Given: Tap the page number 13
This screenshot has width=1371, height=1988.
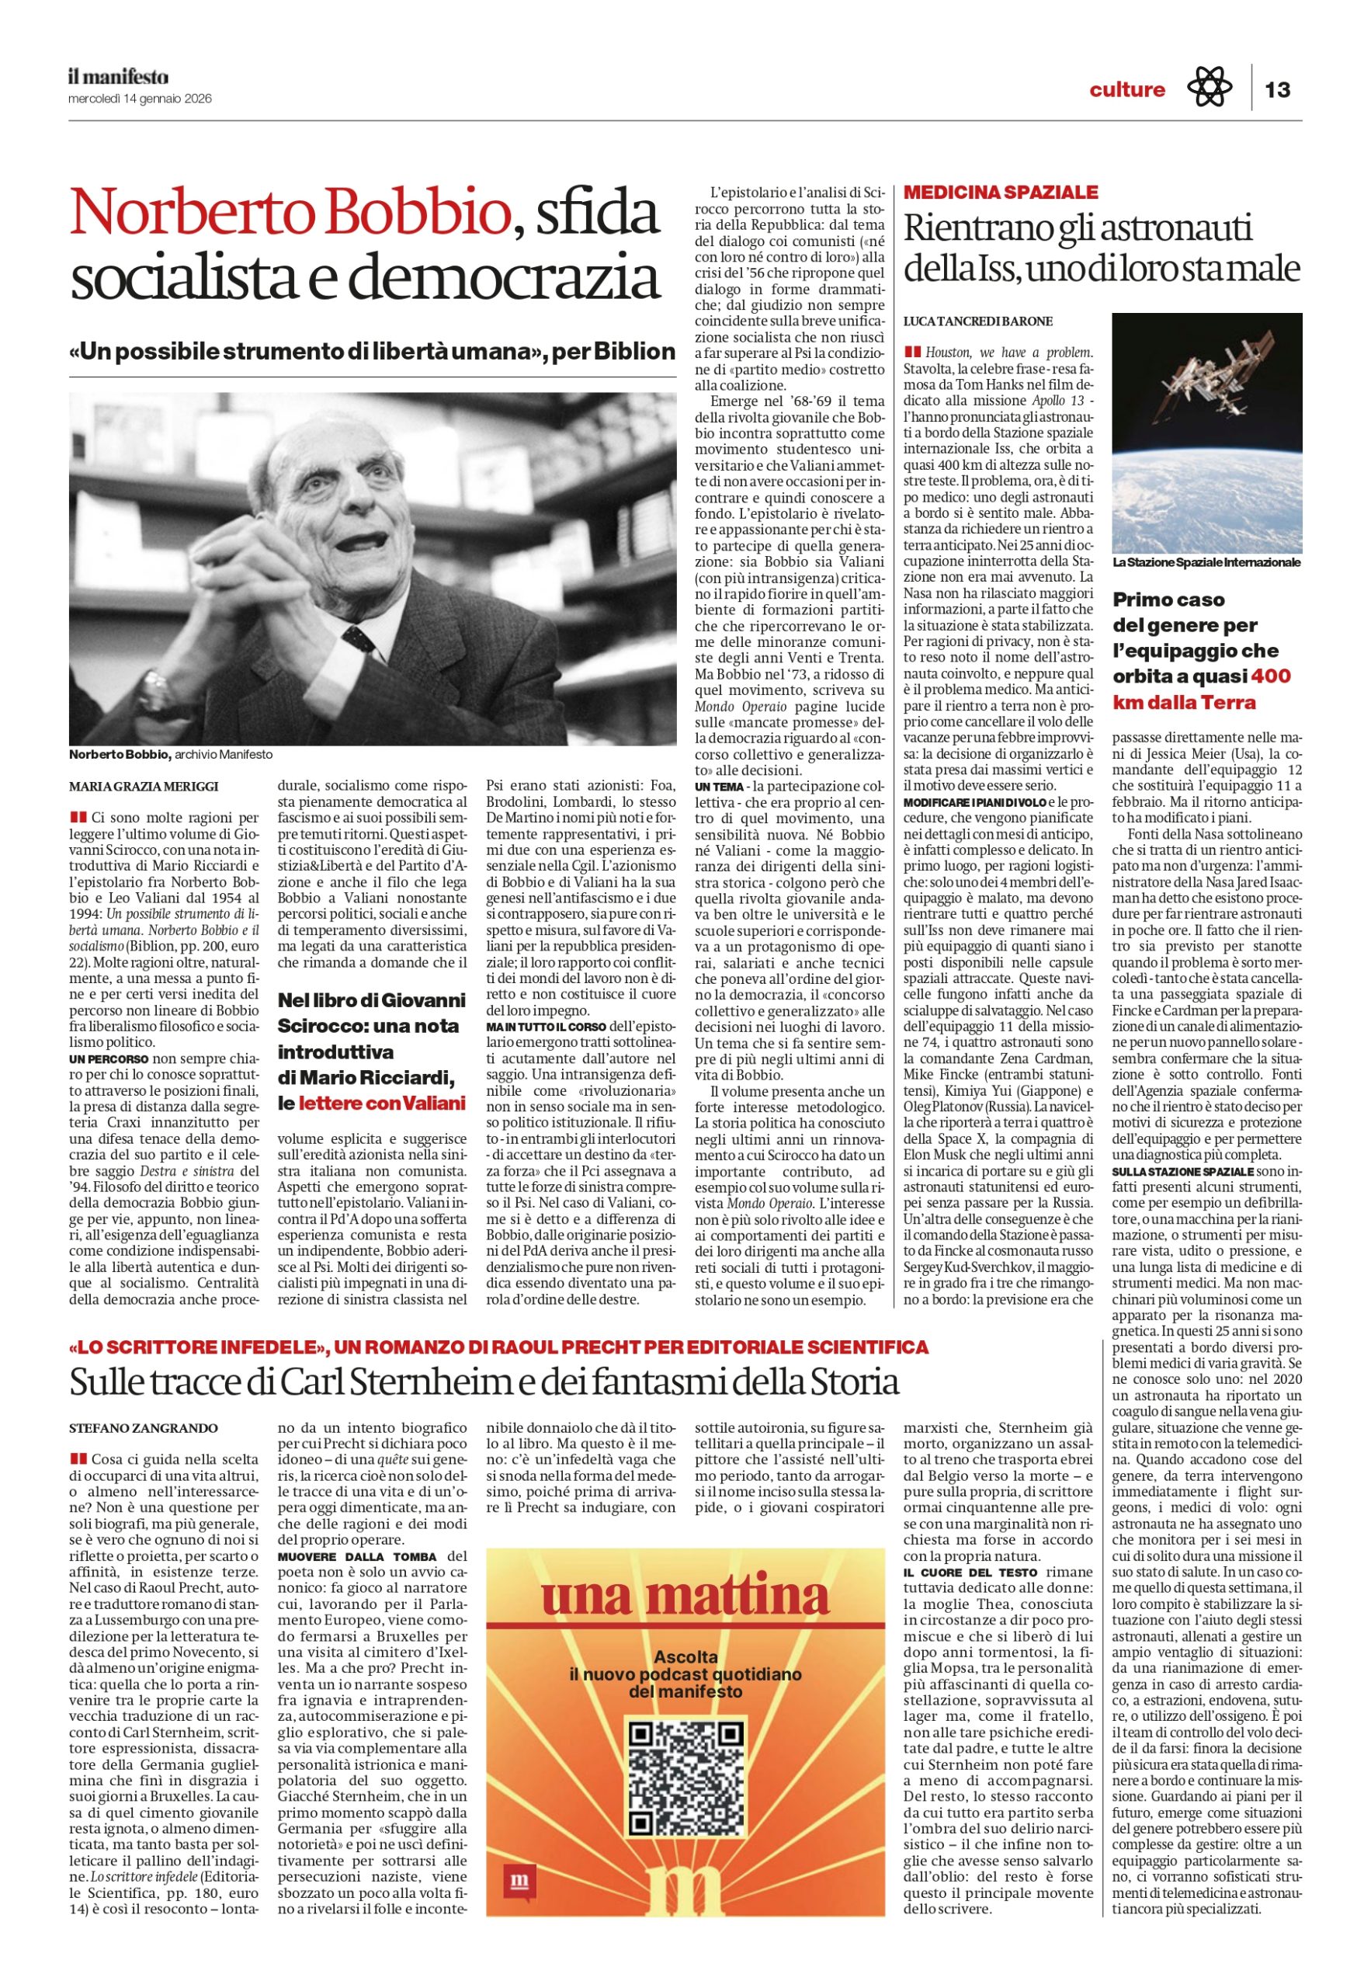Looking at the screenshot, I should click(1277, 89).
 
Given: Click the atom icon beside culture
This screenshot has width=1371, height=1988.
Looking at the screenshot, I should click(1209, 88).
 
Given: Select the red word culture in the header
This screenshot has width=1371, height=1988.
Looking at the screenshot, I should click(1127, 89).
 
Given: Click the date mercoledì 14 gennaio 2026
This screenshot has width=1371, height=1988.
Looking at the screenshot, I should click(140, 99).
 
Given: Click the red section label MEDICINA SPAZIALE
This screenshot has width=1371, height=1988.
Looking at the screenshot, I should click(1001, 193).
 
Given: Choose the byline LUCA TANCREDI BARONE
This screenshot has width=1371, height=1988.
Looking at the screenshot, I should click(977, 321).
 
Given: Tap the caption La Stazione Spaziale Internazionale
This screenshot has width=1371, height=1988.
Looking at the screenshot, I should click(1206, 563).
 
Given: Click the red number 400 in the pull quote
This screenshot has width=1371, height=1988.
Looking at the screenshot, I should click(1271, 676).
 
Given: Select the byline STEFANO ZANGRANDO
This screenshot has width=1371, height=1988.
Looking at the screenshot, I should click(143, 1428).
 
